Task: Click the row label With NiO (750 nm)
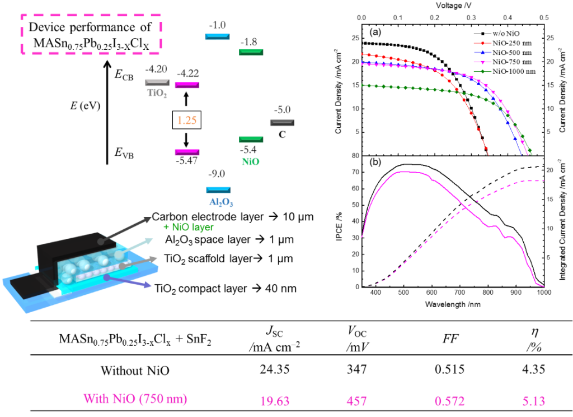tap(135, 399)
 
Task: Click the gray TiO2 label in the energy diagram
tap(157, 93)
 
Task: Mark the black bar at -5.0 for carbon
tap(283, 122)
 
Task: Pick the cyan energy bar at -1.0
tap(217, 36)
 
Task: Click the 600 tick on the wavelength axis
tap(431, 292)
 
